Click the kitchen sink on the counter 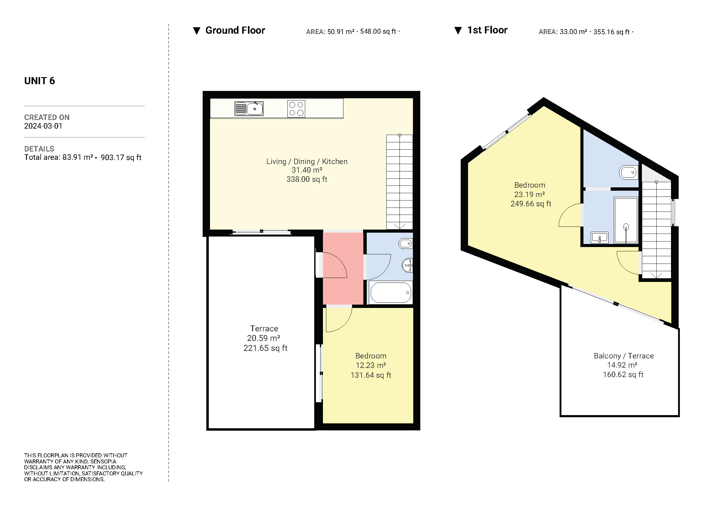click(x=249, y=108)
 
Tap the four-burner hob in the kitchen click(x=296, y=109)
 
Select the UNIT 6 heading click(x=39, y=81)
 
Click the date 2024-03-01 click(x=43, y=126)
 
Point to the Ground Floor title click(x=235, y=30)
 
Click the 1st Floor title click(x=487, y=30)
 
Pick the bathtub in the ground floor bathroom click(x=391, y=292)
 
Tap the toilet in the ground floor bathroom click(x=406, y=243)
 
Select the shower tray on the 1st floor click(x=626, y=220)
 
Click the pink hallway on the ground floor click(x=343, y=268)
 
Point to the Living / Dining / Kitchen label click(x=307, y=162)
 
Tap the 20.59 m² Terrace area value click(x=264, y=338)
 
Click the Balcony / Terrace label click(x=624, y=356)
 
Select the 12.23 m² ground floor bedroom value click(x=371, y=365)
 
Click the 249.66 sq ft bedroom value click(x=531, y=204)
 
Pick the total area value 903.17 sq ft click(x=121, y=157)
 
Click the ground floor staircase click(x=399, y=182)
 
